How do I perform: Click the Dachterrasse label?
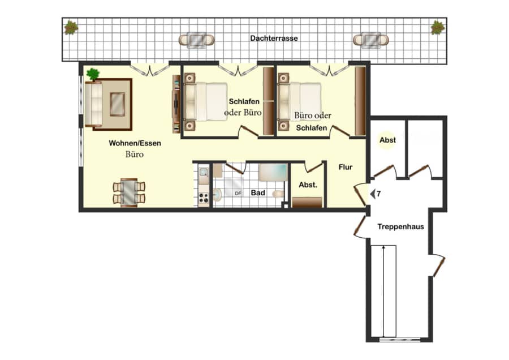[x=274, y=38]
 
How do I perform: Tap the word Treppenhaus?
[x=400, y=227]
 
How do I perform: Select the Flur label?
[x=346, y=168]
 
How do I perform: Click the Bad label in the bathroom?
[x=258, y=192]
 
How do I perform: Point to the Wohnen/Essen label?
[x=135, y=143]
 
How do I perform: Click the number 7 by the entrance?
[x=378, y=194]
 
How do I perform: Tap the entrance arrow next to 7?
[x=373, y=194]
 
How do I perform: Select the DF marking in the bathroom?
[x=238, y=194]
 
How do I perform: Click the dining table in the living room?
[x=129, y=192]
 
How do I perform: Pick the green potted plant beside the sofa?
[x=93, y=74]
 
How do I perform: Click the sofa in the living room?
[x=93, y=104]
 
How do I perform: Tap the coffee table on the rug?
[x=117, y=104]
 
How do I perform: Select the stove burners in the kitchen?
[x=204, y=198]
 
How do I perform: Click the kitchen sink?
[x=204, y=172]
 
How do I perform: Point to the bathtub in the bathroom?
[x=273, y=172]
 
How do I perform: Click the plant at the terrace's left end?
[x=71, y=28]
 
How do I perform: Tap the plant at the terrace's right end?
[x=438, y=28]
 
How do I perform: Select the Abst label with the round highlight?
[x=387, y=140]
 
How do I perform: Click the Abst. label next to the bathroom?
[x=308, y=185]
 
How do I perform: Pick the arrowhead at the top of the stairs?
[x=383, y=248]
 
